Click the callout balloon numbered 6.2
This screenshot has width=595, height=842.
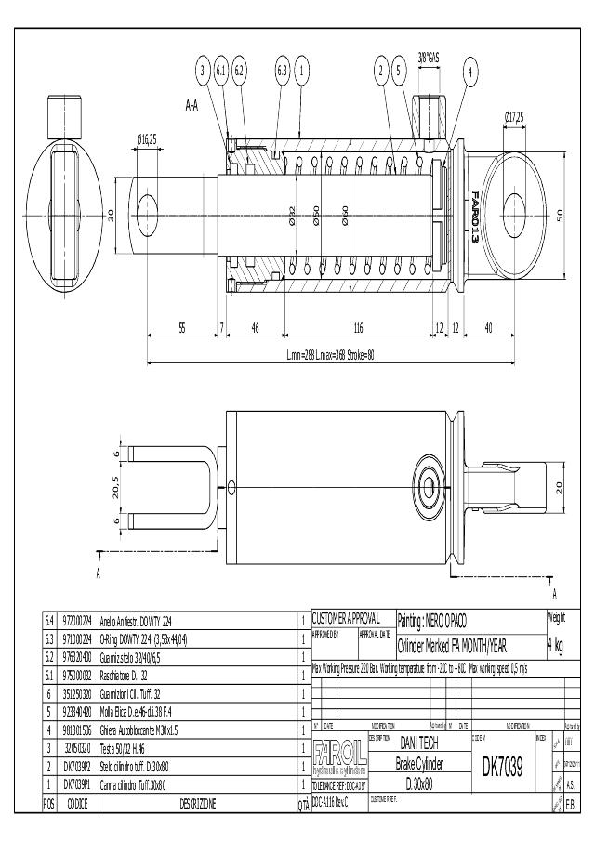click(239, 70)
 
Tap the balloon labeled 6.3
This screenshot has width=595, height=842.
click(283, 70)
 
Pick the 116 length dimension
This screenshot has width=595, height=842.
click(357, 328)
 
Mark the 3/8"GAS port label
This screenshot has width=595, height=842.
click(429, 57)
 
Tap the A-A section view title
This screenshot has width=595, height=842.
click(192, 106)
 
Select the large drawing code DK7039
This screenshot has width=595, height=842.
click(503, 767)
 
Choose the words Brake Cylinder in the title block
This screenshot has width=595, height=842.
click(418, 764)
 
